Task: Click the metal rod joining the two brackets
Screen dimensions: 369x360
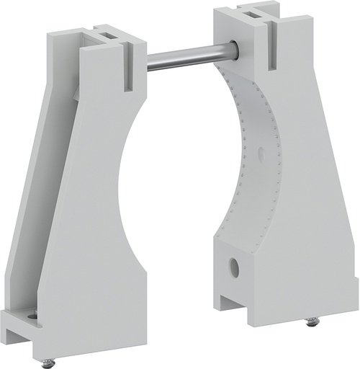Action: (x=191, y=57)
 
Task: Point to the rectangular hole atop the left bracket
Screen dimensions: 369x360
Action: (x=104, y=35)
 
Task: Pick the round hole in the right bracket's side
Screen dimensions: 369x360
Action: (x=234, y=267)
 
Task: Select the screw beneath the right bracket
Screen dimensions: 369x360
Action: (x=312, y=321)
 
